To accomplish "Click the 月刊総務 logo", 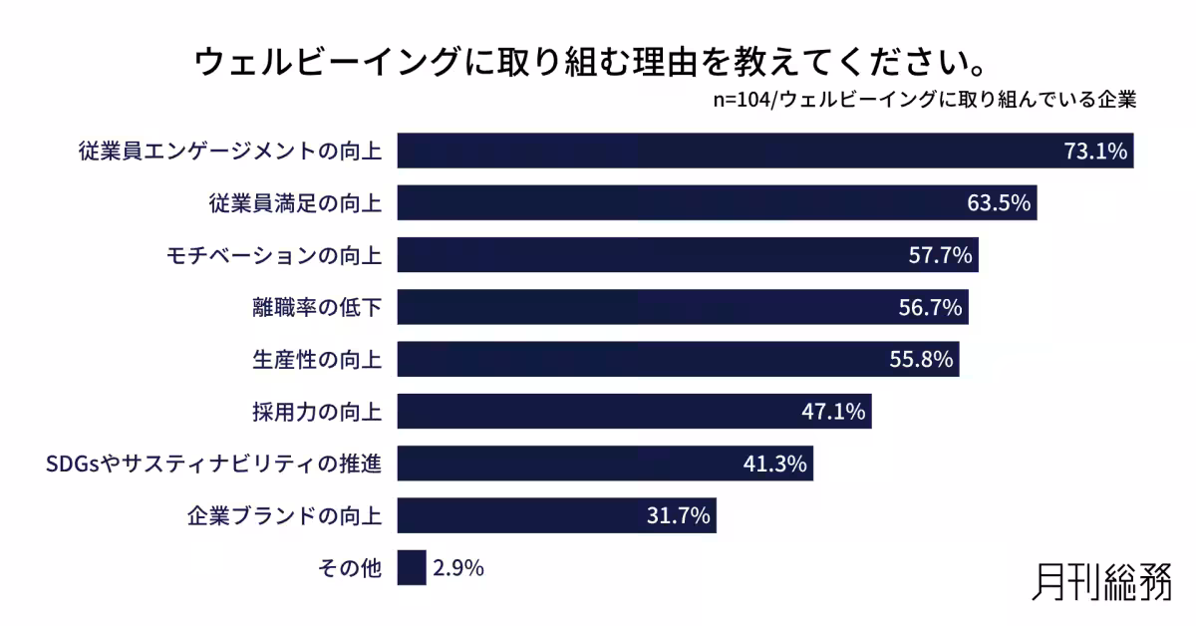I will tap(1102, 581).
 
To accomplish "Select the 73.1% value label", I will tap(1094, 153).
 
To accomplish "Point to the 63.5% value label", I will tap(998, 204).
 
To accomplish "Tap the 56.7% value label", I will tap(929, 308).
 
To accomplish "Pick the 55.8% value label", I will tap(921, 360).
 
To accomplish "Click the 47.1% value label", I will tap(833, 412).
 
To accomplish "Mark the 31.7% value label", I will tap(678, 515).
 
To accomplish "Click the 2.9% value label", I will tap(458, 568).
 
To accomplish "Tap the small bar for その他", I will tap(412, 568).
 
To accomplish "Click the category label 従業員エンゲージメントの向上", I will tap(230, 153).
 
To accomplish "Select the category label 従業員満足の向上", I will tap(295, 204).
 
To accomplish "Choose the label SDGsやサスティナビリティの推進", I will tap(214, 464).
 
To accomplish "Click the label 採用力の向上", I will tap(317, 412).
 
